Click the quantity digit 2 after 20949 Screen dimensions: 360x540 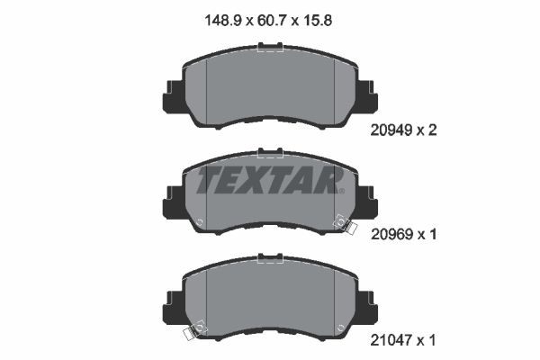pos(433,130)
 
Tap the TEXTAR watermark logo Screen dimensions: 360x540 pos(268,179)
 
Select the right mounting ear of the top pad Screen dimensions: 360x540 pos(366,94)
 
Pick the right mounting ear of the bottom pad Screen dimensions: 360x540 pos(366,303)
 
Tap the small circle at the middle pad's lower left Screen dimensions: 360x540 pos(200,225)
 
